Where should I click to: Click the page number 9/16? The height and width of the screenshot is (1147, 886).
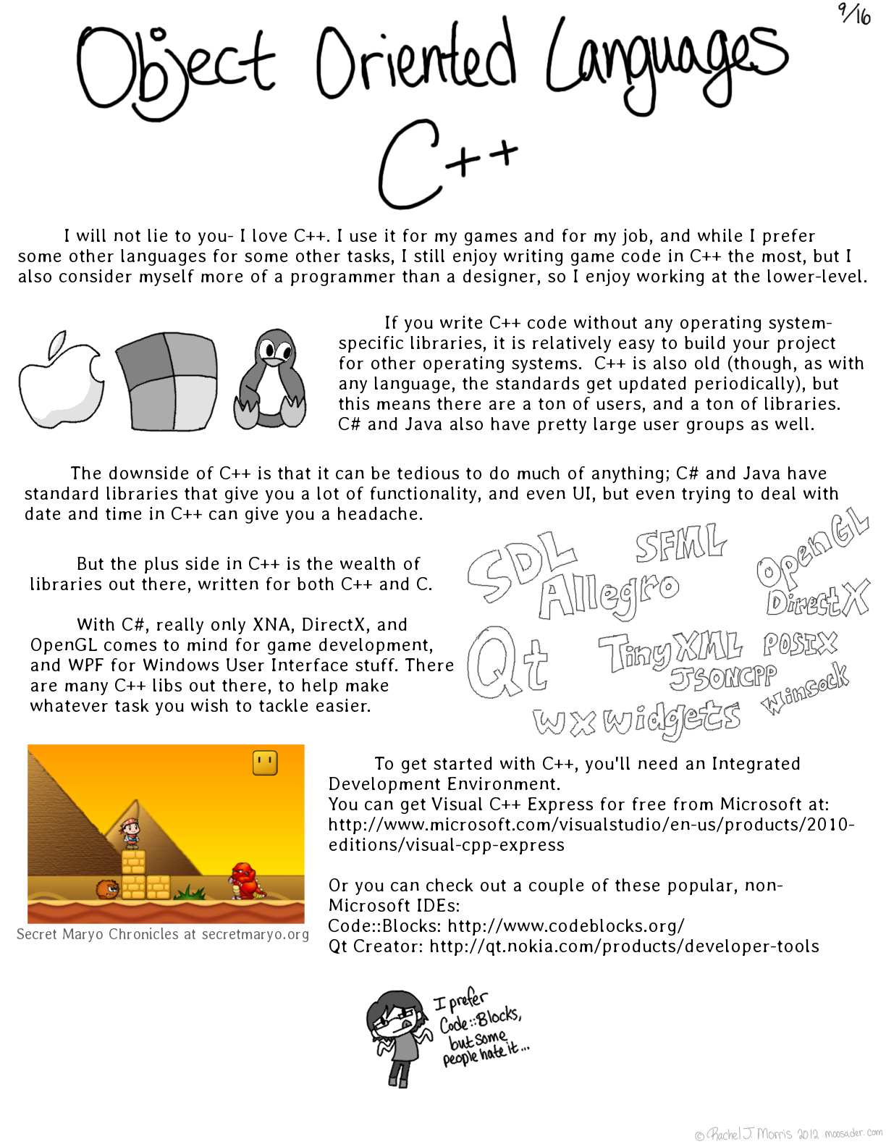point(855,14)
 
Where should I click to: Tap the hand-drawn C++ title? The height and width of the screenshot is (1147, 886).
point(445,163)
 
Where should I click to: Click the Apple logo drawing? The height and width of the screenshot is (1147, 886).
point(61,380)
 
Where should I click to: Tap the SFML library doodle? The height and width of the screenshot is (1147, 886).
point(680,543)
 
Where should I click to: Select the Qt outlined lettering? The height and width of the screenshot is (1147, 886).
point(507,663)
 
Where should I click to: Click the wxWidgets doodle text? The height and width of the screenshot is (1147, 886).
point(637,720)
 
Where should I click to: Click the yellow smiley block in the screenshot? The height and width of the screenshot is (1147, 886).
point(265,762)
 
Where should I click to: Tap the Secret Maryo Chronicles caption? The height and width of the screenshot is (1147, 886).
point(163,934)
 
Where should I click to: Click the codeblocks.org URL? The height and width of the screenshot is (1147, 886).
point(565,926)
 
